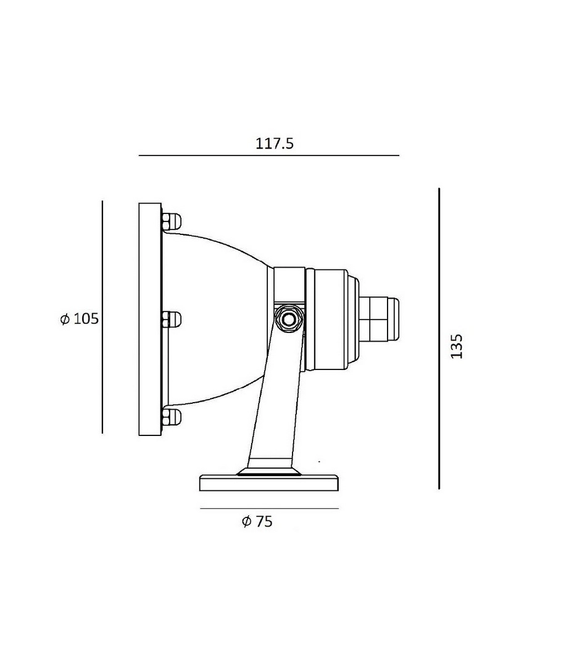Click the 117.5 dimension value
pyautogui.click(x=274, y=144)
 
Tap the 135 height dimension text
pyautogui.click(x=457, y=346)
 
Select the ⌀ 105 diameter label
pyautogui.click(x=80, y=319)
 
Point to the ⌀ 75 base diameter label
pyautogui.click(x=257, y=521)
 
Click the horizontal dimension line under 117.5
pyautogui.click(x=269, y=155)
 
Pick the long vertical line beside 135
pyautogui.click(x=439, y=339)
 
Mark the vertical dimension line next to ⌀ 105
pyautogui.click(x=102, y=317)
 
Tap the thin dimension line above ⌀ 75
pyautogui.click(x=270, y=508)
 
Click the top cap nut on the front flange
pyautogui.click(x=171, y=221)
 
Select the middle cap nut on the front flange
pyautogui.click(x=171, y=319)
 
